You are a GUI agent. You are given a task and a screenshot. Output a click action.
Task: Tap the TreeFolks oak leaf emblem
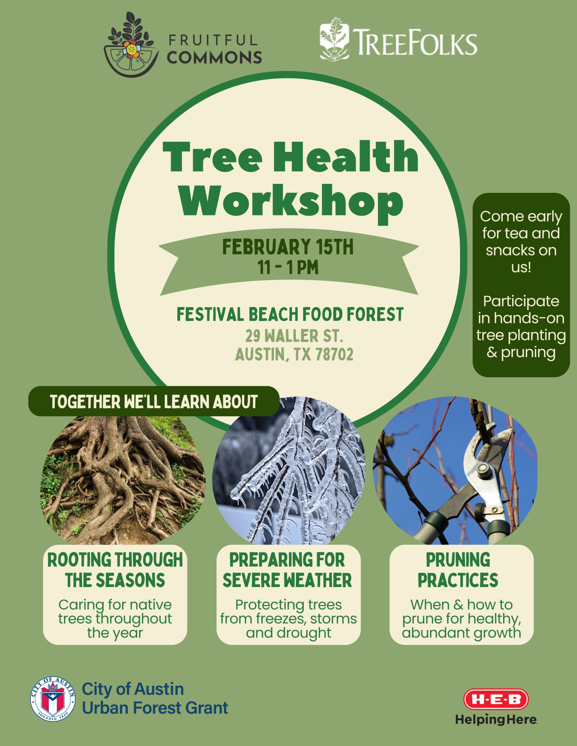click(334, 39)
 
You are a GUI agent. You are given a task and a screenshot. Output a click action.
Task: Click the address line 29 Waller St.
click(294, 335)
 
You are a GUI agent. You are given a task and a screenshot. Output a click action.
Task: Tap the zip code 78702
click(334, 354)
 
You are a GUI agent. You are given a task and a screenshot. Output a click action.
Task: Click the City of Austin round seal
click(53, 698)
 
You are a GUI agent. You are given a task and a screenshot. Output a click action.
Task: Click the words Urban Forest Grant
click(155, 708)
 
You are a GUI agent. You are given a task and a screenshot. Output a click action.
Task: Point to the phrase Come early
click(521, 217)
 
